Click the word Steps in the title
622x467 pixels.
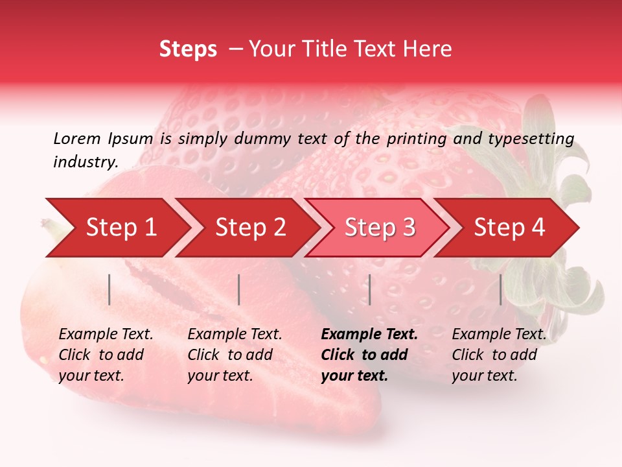point(188,49)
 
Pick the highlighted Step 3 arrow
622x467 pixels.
point(380,228)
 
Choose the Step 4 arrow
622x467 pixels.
point(509,228)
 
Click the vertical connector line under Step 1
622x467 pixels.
point(109,289)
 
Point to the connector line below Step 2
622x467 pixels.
point(239,289)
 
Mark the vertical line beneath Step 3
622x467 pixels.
point(369,289)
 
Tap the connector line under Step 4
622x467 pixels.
point(501,289)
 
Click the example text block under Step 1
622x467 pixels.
point(106,355)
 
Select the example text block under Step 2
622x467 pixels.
point(235,355)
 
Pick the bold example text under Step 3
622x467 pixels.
point(369,355)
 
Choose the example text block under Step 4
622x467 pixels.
point(499,355)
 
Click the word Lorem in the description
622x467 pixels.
point(76,138)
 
